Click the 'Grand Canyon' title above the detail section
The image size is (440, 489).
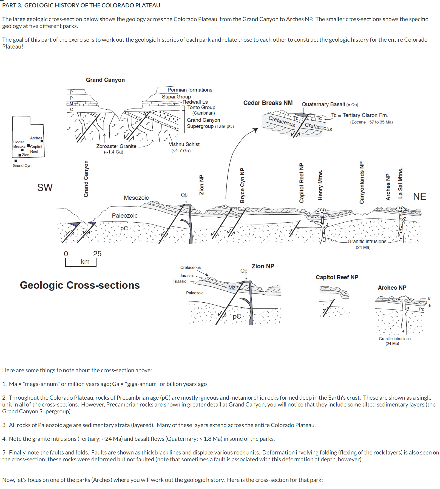click(x=105, y=80)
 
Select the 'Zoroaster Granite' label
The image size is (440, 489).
click(x=116, y=146)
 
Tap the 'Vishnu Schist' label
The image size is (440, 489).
click(x=184, y=144)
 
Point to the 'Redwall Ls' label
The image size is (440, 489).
click(x=195, y=102)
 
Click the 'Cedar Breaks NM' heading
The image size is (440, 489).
click(x=268, y=103)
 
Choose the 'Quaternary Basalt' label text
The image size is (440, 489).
click(x=323, y=104)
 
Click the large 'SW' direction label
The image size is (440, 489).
click(x=45, y=187)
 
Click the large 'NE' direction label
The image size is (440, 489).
click(x=419, y=197)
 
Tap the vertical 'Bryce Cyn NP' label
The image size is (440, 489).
click(x=242, y=185)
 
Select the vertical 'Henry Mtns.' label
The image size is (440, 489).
click(x=320, y=185)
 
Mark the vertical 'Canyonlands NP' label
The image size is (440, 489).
click(x=362, y=183)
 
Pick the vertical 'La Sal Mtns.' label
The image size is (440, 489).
click(x=401, y=183)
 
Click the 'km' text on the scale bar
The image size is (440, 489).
click(x=85, y=262)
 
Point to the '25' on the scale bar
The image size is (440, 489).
click(x=97, y=254)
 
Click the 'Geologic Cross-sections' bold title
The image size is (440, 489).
click(x=80, y=285)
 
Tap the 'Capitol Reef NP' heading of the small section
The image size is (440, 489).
click(x=337, y=277)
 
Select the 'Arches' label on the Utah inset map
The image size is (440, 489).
click(x=36, y=138)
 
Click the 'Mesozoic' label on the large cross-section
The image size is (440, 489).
click(x=136, y=198)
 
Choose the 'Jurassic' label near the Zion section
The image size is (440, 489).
click(x=187, y=276)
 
